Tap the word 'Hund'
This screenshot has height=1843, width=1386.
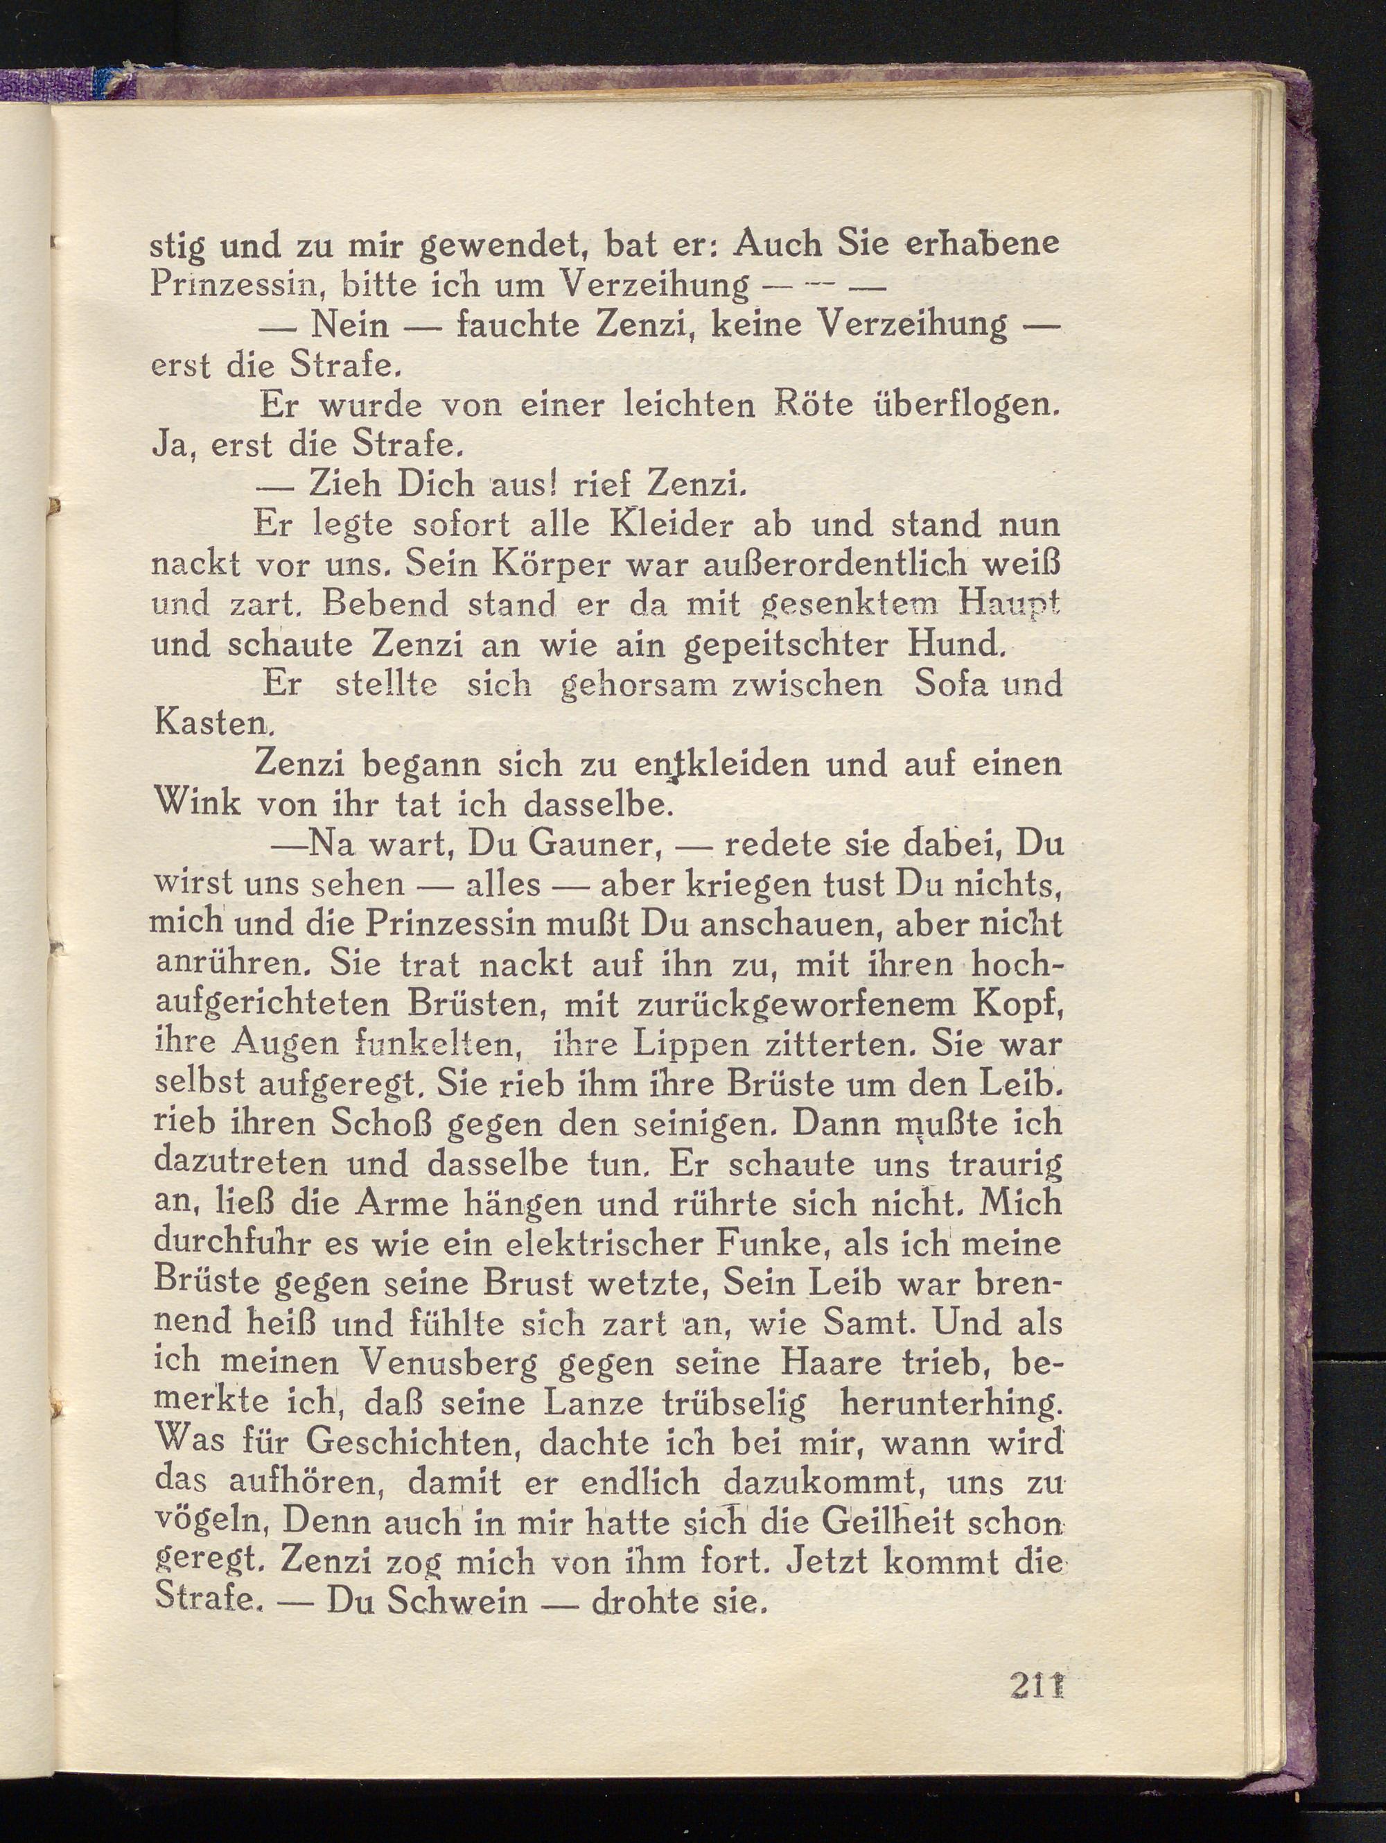(x=949, y=644)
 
